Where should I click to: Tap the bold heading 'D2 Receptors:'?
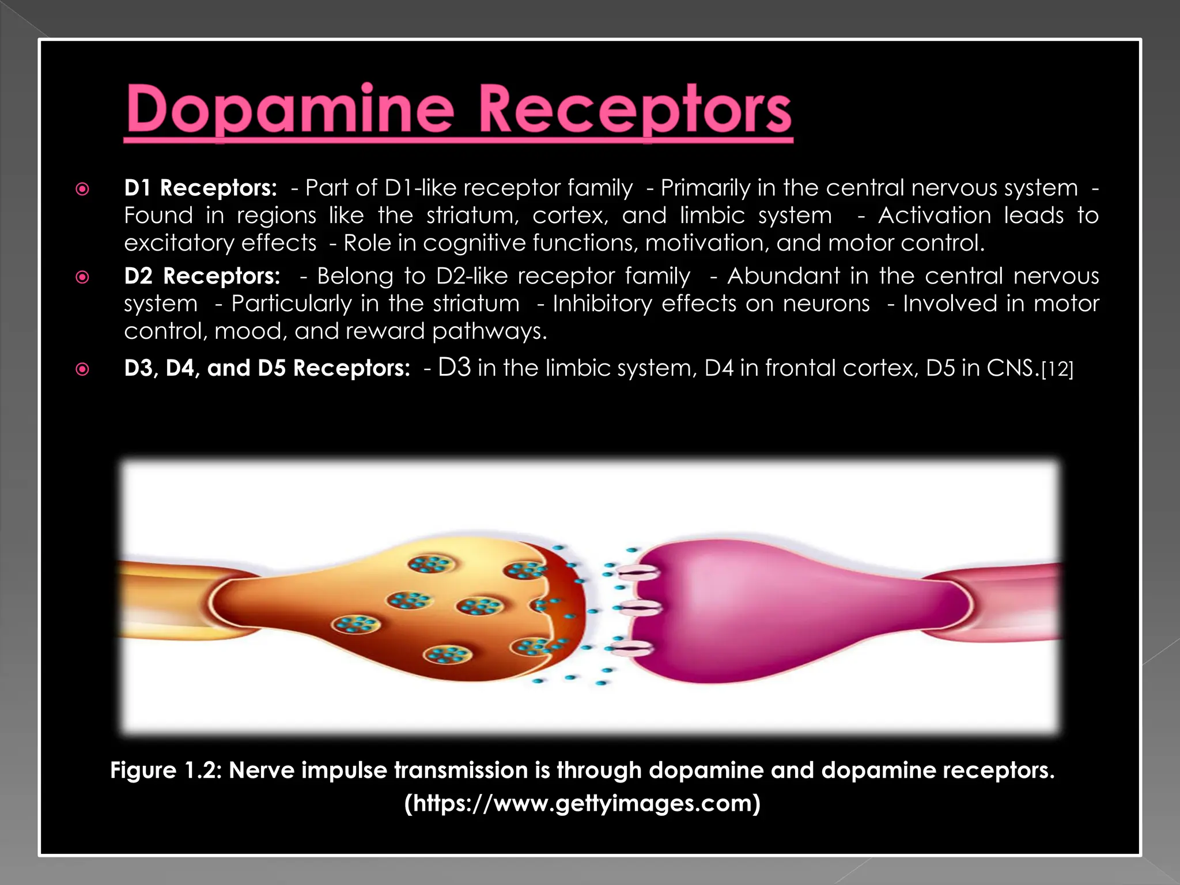pyautogui.click(x=202, y=276)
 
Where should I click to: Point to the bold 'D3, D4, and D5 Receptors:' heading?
pyautogui.click(x=267, y=368)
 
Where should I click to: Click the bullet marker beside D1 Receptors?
pyautogui.click(x=83, y=189)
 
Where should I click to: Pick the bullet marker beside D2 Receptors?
pyautogui.click(x=83, y=277)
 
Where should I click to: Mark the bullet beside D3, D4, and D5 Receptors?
pyautogui.click(x=83, y=369)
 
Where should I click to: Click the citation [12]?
pyautogui.click(x=1057, y=369)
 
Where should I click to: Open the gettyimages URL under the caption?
pyautogui.click(x=583, y=803)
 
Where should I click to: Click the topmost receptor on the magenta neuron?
pyautogui.click(x=638, y=573)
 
